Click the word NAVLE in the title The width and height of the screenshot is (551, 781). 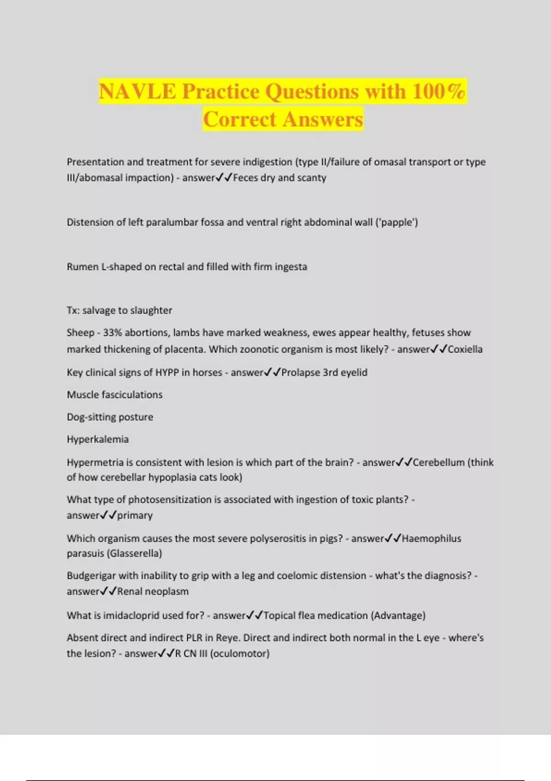click(137, 91)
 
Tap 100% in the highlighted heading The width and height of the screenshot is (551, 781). click(439, 91)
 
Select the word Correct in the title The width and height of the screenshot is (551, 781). click(239, 119)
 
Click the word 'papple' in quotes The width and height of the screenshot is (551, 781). click(397, 222)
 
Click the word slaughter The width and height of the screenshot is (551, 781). click(151, 311)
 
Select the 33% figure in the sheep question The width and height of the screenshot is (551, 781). click(112, 333)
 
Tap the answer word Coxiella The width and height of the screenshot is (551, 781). click(465, 349)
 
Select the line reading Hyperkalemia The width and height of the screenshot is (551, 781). click(98, 439)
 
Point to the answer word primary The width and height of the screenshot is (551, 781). click(135, 515)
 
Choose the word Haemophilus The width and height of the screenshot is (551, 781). click(431, 538)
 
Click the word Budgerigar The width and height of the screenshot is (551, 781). click(91, 576)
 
